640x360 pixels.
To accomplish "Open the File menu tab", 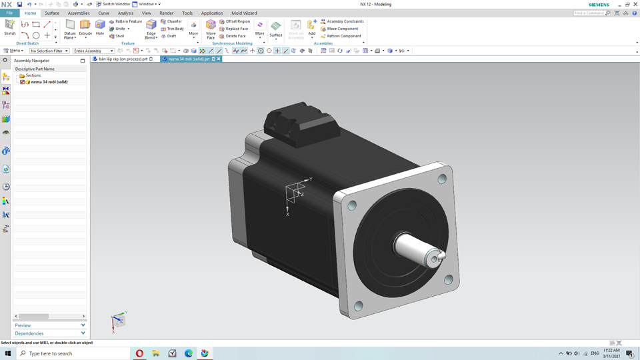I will coord(9,13).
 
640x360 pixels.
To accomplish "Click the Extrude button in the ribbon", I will coord(85,28).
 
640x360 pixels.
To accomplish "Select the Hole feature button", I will coord(100,28).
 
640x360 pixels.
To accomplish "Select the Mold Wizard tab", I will coord(244,13).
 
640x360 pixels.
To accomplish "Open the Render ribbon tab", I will coord(166,13).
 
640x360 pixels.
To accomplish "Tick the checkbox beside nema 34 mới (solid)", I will coord(23,82).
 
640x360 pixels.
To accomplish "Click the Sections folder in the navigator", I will coord(33,75).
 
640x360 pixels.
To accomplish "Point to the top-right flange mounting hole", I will coord(442,179).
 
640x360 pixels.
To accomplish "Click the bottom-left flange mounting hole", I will coord(359,306).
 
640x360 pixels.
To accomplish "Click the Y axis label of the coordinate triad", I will coord(311,179).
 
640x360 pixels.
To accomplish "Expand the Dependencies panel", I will coord(50,333).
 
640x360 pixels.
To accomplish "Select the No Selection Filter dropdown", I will coord(49,51).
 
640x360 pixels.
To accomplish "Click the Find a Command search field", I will coord(590,13).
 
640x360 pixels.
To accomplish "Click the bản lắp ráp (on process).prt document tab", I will coord(123,59).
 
